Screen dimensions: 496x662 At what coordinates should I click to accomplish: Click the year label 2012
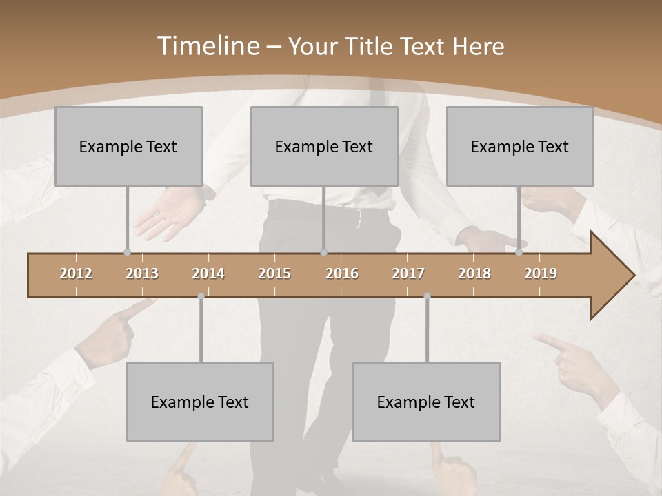tap(76, 273)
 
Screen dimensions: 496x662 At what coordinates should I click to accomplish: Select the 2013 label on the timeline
tap(142, 273)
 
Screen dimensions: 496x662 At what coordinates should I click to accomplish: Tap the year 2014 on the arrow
tap(208, 273)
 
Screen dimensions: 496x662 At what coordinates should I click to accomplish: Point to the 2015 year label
tap(274, 273)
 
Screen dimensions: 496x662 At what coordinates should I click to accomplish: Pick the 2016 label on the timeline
tap(342, 273)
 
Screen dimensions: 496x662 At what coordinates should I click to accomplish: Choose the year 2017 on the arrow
tap(408, 273)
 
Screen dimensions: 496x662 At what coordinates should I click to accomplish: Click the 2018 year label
tap(474, 273)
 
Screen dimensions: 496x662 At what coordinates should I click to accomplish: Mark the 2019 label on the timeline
tap(541, 273)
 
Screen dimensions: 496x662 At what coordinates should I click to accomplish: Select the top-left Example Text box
tap(128, 146)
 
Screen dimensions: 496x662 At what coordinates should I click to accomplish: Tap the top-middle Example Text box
tap(324, 146)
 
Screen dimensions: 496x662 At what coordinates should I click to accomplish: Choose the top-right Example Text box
tap(520, 146)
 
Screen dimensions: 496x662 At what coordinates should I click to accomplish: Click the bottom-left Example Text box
tap(200, 402)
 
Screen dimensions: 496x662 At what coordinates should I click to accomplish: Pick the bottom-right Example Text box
tap(426, 402)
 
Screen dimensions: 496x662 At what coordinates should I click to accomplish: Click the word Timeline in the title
tap(207, 46)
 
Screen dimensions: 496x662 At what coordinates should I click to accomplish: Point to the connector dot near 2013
tap(127, 252)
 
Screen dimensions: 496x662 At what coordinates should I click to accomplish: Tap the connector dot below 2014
tap(201, 296)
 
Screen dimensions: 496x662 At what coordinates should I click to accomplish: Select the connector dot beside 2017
tap(427, 296)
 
